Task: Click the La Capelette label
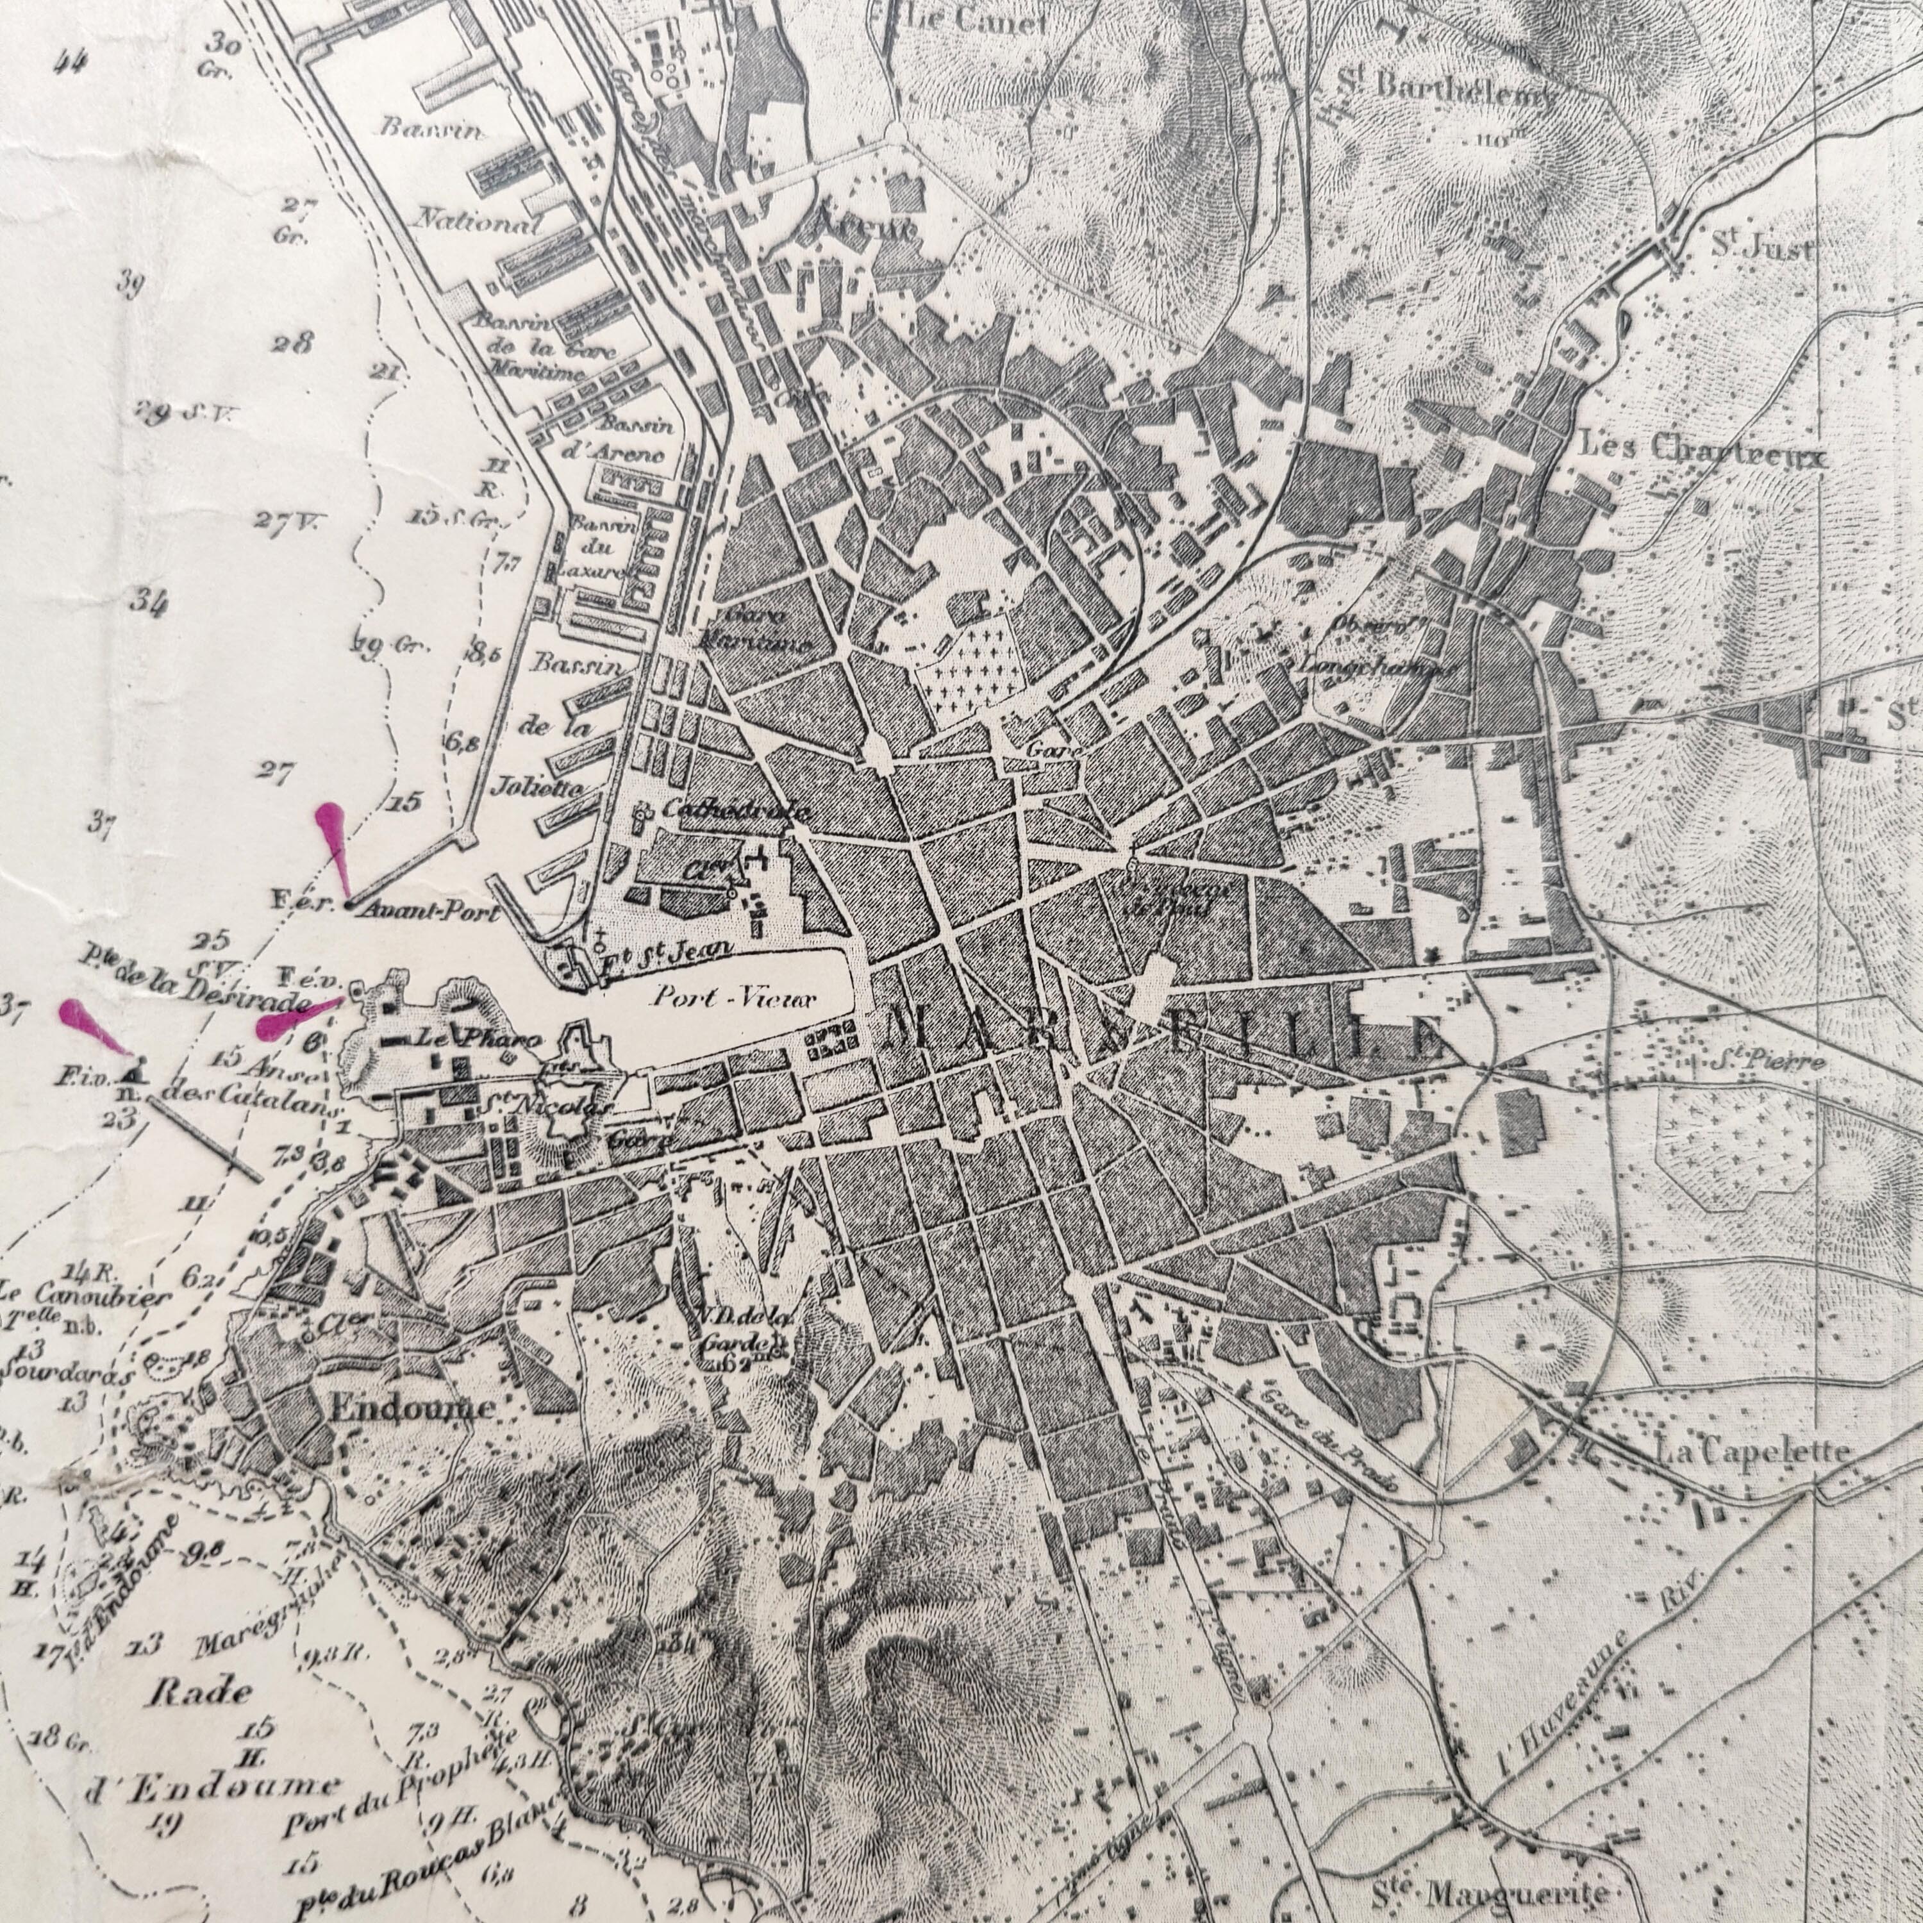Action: click(1752, 1453)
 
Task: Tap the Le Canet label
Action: click(976, 20)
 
